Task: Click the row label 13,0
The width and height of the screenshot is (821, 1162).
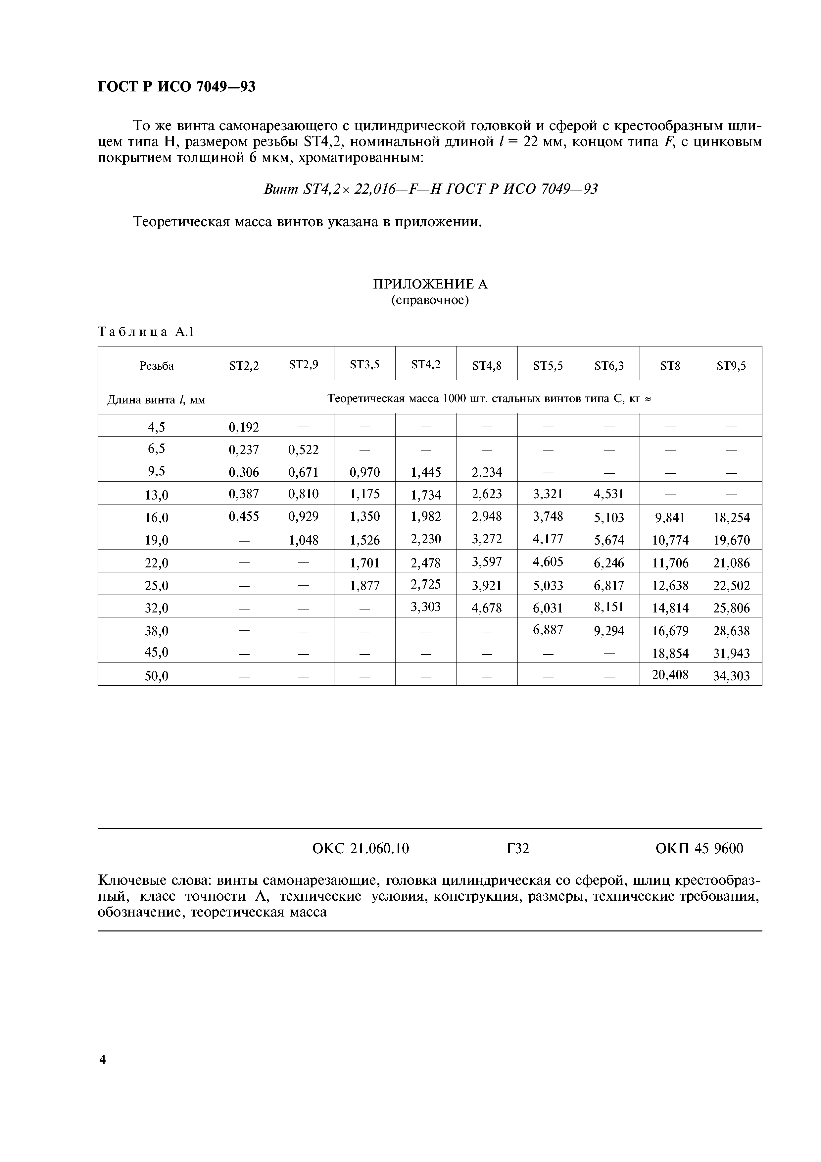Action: pyautogui.click(x=156, y=495)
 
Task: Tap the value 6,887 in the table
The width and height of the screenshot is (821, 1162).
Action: pyautogui.click(x=548, y=630)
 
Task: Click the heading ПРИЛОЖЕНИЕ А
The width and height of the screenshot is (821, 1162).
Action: pyautogui.click(x=430, y=285)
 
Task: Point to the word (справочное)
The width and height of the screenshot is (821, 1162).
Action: pyautogui.click(x=430, y=301)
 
